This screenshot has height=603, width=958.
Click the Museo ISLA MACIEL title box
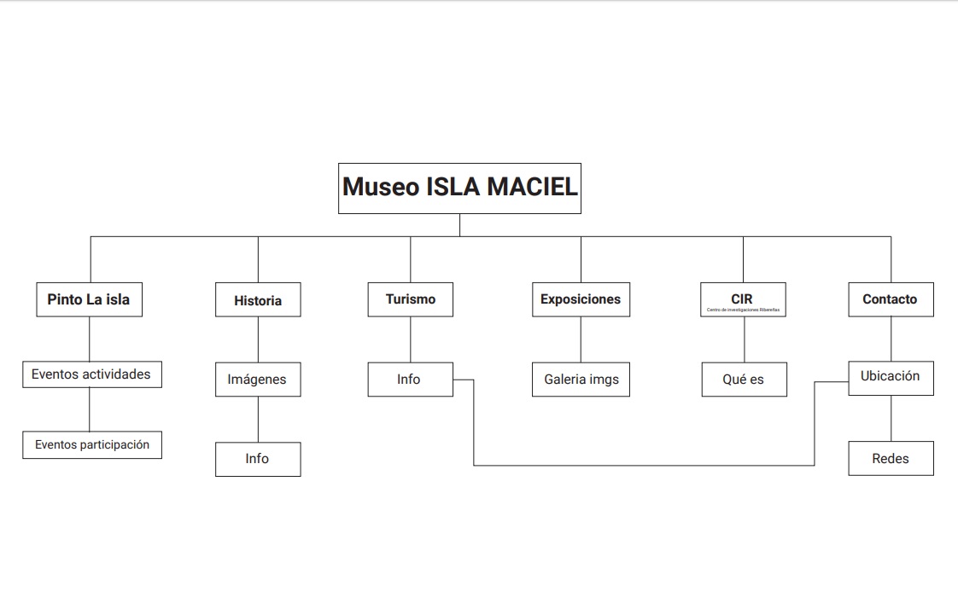click(x=459, y=188)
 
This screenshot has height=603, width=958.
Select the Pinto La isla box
click(x=89, y=299)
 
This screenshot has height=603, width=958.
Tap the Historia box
click(x=258, y=300)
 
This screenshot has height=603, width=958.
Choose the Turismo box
click(x=410, y=299)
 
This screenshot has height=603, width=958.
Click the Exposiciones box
click(x=581, y=299)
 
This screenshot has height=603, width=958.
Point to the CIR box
click(x=742, y=299)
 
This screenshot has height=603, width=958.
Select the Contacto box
click(x=891, y=299)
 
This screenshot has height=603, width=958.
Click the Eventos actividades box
click(x=91, y=374)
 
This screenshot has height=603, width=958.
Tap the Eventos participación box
click(x=91, y=444)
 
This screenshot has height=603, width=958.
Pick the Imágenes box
click(x=257, y=380)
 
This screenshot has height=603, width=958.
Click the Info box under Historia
click(x=257, y=459)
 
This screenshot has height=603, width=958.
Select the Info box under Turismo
click(x=410, y=380)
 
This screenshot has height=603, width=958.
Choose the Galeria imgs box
click(x=581, y=380)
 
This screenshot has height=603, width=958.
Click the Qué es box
click(x=744, y=380)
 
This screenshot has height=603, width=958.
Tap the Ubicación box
click(x=891, y=376)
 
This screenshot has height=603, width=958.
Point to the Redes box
click(x=891, y=459)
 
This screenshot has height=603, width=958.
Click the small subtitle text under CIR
click(x=743, y=310)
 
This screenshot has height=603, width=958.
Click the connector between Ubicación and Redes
click(x=891, y=418)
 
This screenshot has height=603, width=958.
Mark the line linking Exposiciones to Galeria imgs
click(x=581, y=339)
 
